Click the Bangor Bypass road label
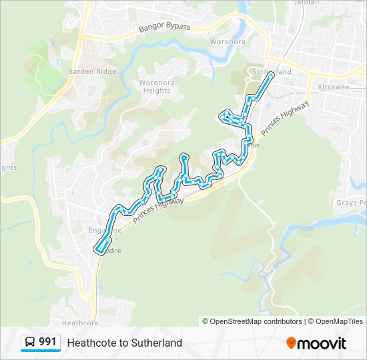point(164,27)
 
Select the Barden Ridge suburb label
point(92,71)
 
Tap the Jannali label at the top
point(293,3)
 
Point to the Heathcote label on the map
point(80,323)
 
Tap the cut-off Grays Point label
point(352,202)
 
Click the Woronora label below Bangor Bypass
point(228,41)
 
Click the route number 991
point(47,342)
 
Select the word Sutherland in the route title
point(157,343)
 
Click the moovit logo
point(316,343)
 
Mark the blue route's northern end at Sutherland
point(271,75)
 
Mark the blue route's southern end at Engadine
point(98,251)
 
